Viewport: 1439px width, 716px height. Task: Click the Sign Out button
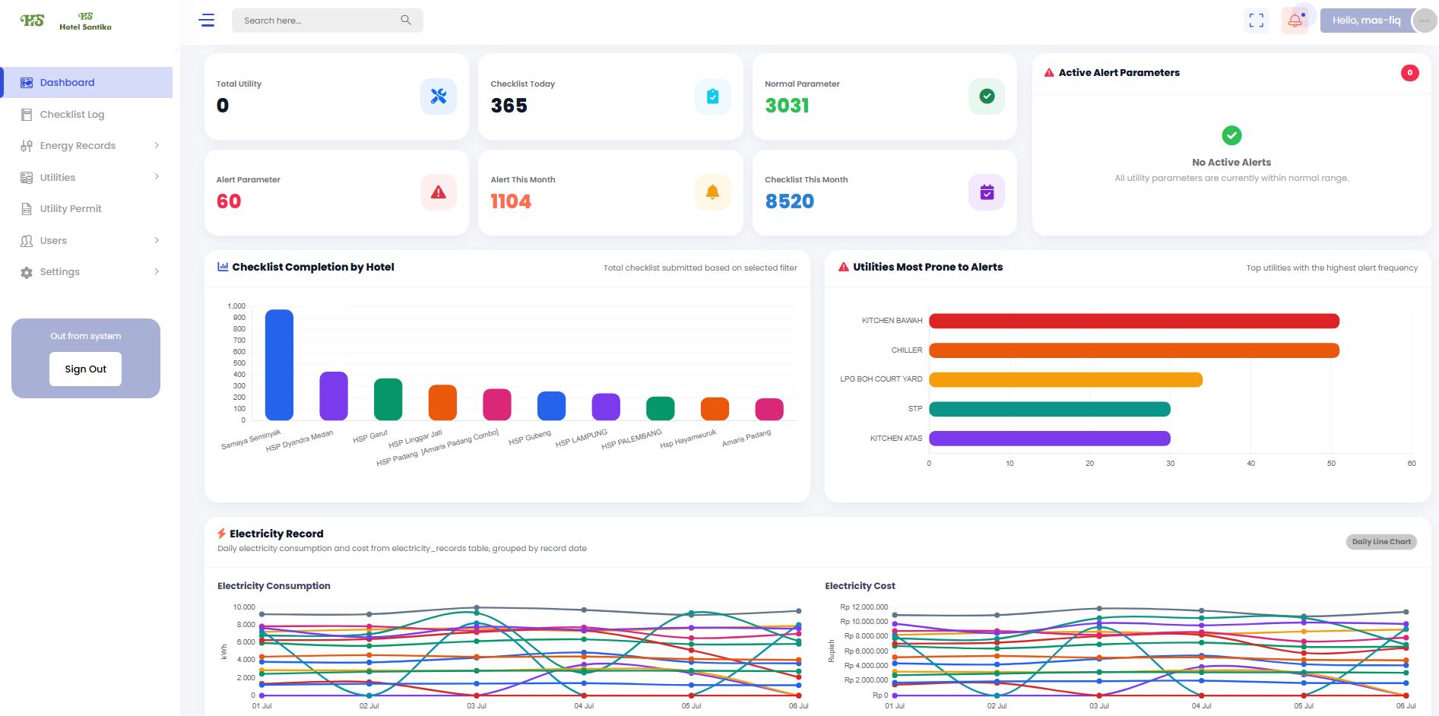click(x=85, y=369)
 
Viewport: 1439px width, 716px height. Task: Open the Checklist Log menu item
click(x=72, y=114)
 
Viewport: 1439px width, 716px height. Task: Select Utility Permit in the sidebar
click(x=71, y=208)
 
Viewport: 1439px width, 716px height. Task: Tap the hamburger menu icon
click(x=207, y=21)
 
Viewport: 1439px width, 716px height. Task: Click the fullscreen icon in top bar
click(x=1257, y=21)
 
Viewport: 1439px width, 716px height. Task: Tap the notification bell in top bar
click(x=1295, y=21)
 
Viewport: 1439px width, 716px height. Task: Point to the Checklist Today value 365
click(x=509, y=106)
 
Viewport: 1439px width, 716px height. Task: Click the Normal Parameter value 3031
click(x=787, y=106)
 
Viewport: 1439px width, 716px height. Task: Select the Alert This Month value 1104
click(x=511, y=201)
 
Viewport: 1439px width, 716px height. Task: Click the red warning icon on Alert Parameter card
click(x=439, y=192)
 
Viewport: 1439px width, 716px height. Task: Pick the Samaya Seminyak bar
click(x=279, y=365)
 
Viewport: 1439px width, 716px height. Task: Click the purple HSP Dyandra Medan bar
click(x=334, y=396)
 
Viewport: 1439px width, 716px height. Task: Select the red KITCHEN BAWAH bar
click(x=1134, y=321)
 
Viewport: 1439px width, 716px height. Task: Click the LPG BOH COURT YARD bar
click(x=1066, y=379)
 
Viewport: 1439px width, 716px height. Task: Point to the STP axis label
click(x=915, y=409)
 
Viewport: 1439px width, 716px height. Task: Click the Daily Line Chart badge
click(x=1381, y=542)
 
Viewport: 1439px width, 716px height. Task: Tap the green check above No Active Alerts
click(x=1231, y=135)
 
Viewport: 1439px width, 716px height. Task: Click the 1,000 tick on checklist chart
click(x=236, y=306)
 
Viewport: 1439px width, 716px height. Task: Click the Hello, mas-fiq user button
click(x=1366, y=21)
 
